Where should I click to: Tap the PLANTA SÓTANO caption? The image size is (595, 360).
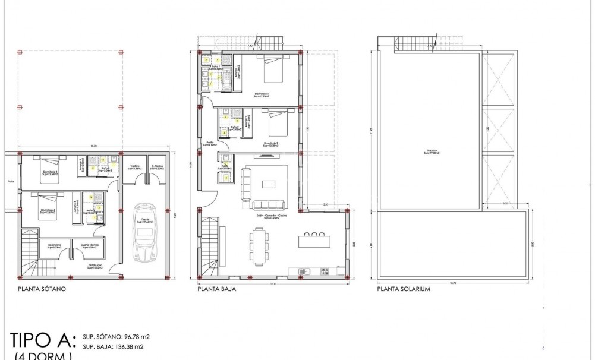(x=42, y=290)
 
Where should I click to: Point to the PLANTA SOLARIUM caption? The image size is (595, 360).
(x=404, y=290)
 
